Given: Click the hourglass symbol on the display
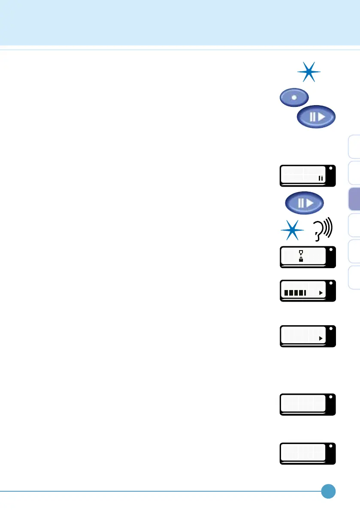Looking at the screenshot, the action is [x=301, y=256].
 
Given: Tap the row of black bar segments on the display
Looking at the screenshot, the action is [x=295, y=293].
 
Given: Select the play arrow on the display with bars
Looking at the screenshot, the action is [x=320, y=293].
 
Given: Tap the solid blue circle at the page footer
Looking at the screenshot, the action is [x=328, y=491].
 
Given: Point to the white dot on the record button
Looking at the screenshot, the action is [x=293, y=97].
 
